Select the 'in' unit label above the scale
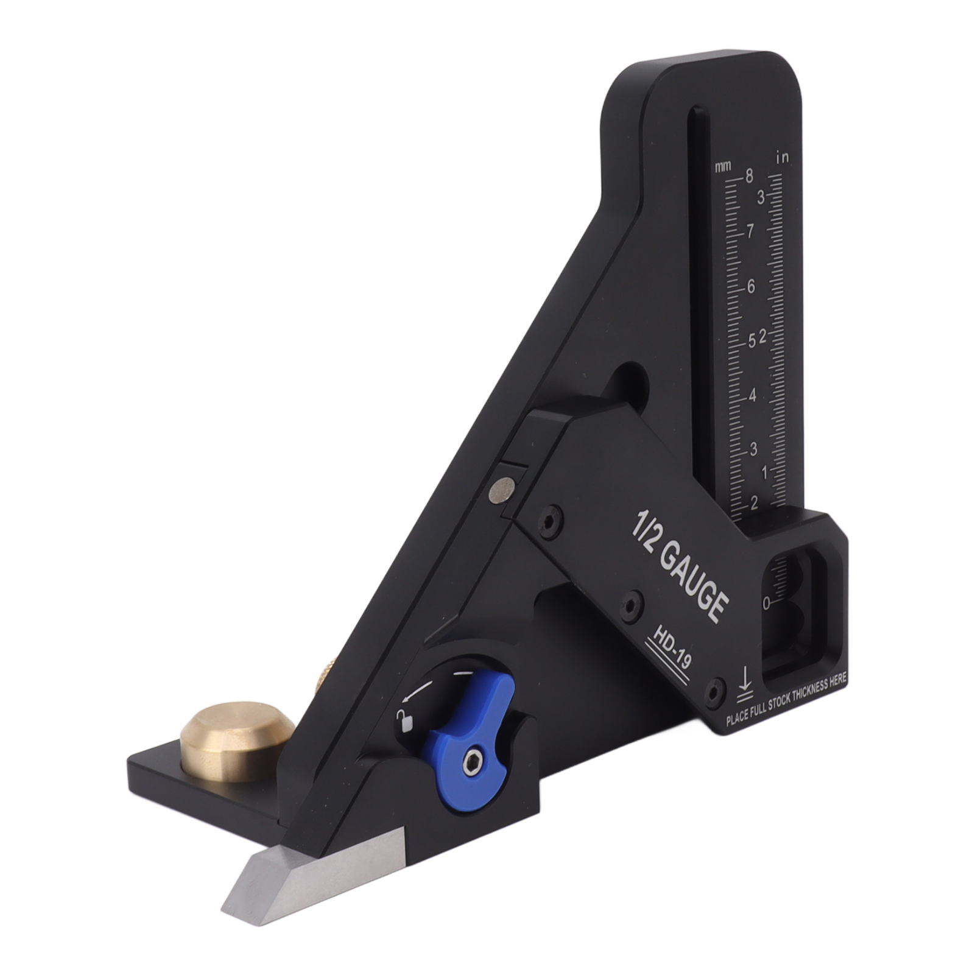[782, 158]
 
